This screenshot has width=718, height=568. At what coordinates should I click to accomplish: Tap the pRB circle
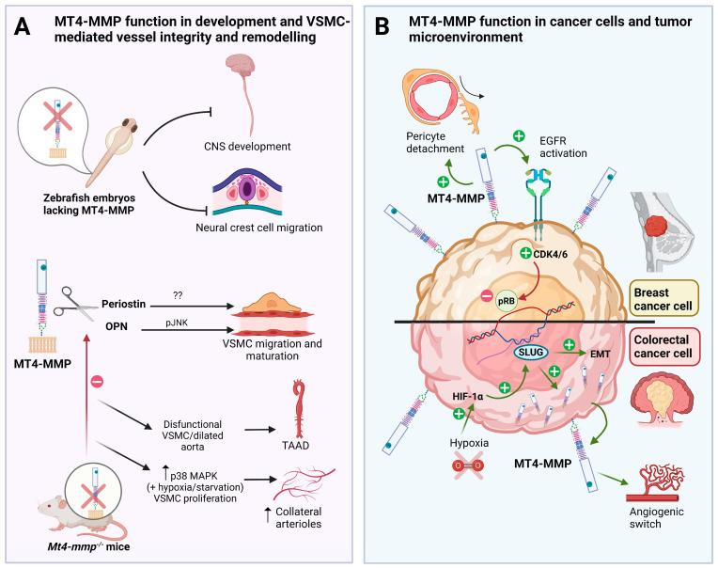tap(505, 302)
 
